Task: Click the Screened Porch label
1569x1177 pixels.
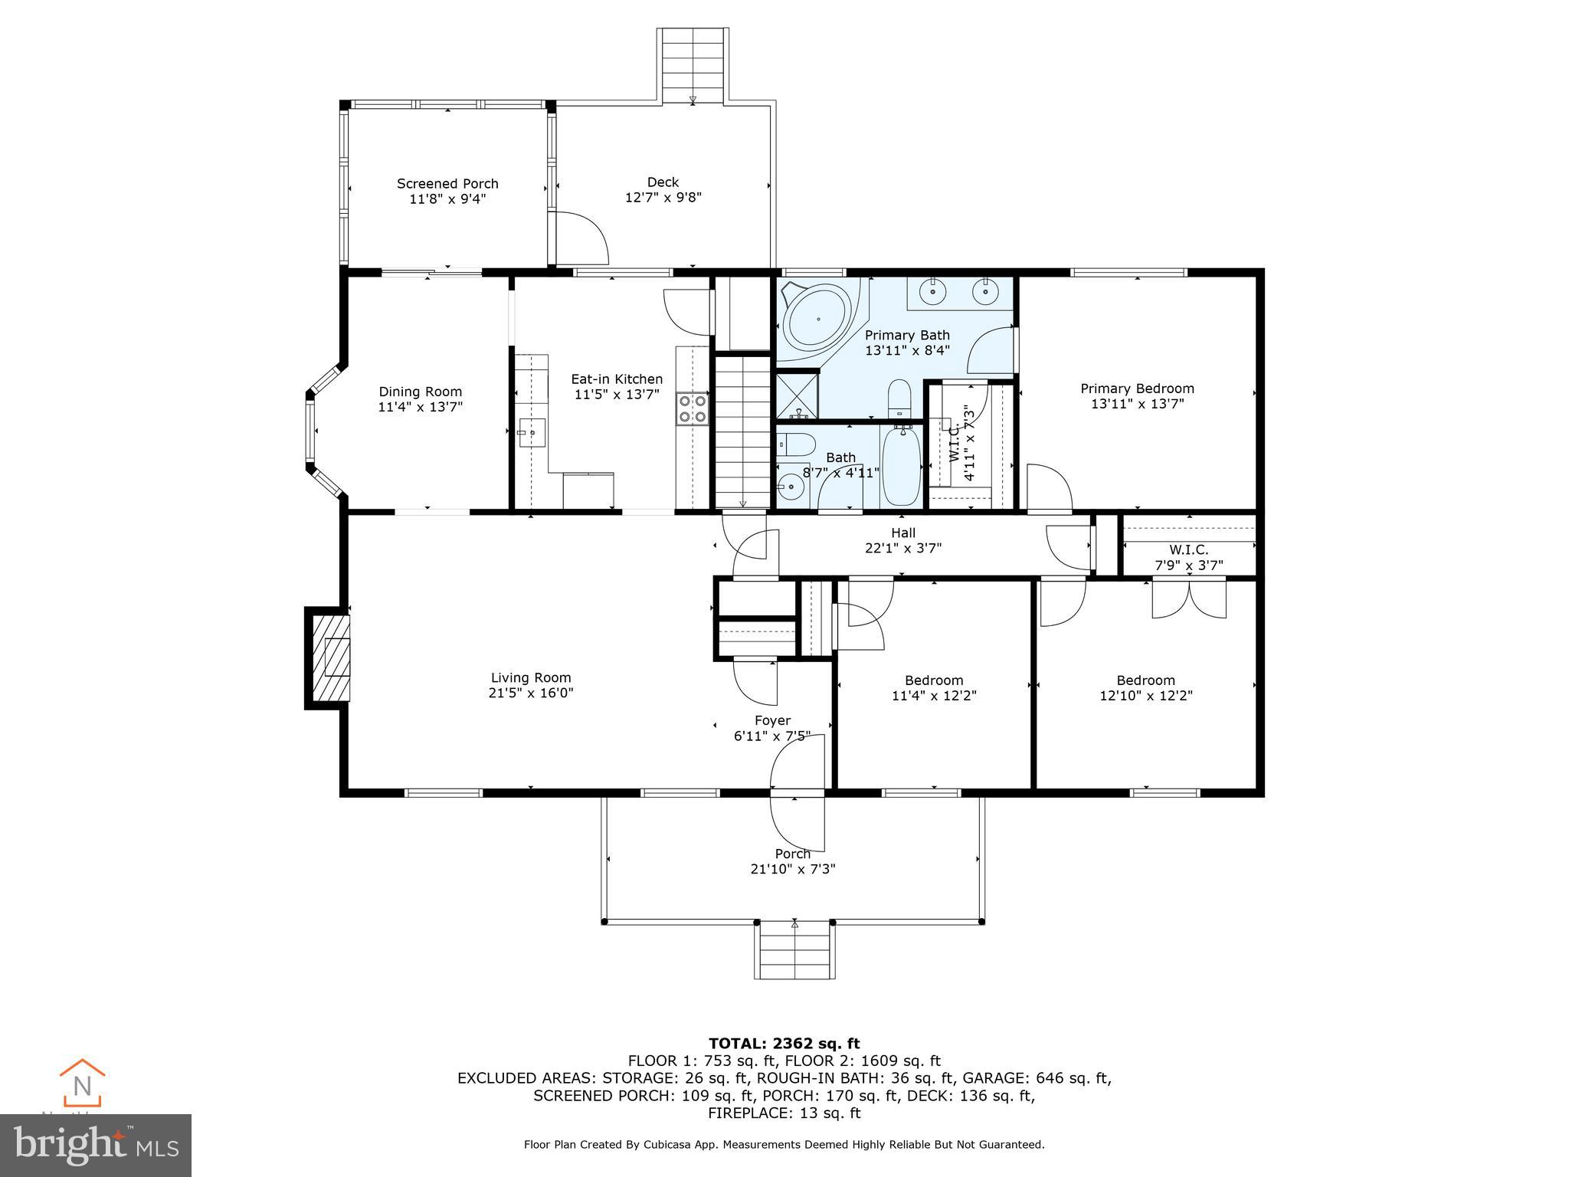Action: tap(447, 184)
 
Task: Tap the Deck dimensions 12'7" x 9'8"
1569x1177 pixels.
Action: tap(663, 198)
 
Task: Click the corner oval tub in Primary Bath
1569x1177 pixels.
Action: tap(817, 319)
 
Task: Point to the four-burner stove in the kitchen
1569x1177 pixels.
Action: tap(692, 408)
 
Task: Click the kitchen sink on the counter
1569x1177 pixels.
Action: tap(530, 433)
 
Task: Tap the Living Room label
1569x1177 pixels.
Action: tap(531, 677)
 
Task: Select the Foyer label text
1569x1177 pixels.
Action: tap(772, 720)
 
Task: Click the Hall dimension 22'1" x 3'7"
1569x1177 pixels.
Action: tap(903, 549)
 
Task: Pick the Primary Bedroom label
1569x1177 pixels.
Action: tap(1137, 389)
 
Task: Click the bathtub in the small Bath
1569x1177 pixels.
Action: tap(902, 467)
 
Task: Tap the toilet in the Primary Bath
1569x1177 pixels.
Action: tap(899, 400)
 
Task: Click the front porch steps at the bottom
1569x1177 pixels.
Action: tap(794, 950)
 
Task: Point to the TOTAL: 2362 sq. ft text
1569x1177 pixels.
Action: tap(784, 1043)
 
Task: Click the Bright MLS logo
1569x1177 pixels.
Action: tap(95, 1145)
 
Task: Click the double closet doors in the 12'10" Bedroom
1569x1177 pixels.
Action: tap(1189, 598)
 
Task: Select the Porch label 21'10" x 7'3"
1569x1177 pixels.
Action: tap(792, 861)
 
